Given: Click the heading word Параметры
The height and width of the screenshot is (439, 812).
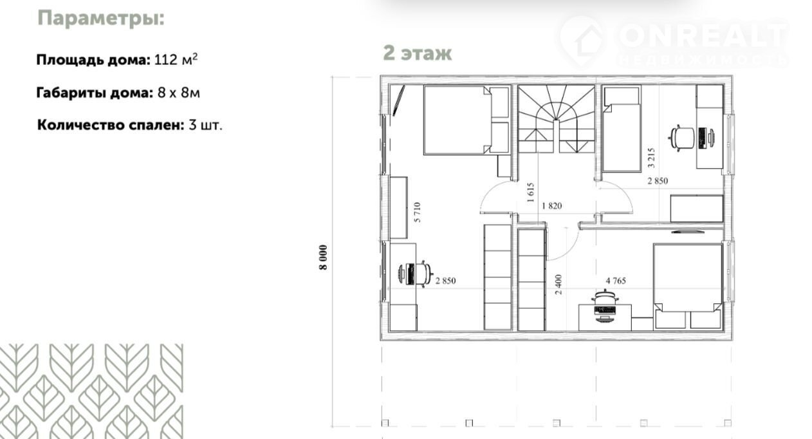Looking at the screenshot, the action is (x=101, y=19).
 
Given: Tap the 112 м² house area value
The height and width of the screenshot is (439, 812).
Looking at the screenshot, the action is (x=176, y=59).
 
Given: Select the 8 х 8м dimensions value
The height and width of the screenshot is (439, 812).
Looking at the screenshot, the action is (x=179, y=93).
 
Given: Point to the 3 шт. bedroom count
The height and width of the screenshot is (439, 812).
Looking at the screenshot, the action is (x=205, y=125).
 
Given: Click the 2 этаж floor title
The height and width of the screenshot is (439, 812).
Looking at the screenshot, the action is (x=417, y=53).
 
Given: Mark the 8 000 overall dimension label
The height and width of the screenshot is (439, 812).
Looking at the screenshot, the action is (x=324, y=257).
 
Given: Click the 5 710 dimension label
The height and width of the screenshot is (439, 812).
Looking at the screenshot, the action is (x=417, y=212).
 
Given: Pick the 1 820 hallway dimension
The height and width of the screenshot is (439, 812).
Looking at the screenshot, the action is (x=551, y=206).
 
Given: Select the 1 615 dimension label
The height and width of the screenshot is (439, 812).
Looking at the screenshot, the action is (x=530, y=192).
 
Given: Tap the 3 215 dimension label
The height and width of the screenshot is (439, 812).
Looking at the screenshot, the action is (x=651, y=158).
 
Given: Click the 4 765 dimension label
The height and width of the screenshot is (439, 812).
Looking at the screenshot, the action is (x=616, y=281).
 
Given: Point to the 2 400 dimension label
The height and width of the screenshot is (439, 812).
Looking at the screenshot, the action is (x=558, y=285).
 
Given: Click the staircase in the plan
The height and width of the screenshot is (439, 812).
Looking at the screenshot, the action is (x=557, y=119).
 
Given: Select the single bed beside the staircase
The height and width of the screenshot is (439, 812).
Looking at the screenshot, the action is (x=622, y=128).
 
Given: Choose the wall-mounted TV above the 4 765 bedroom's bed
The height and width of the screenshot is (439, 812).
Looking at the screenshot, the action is (x=688, y=231).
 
